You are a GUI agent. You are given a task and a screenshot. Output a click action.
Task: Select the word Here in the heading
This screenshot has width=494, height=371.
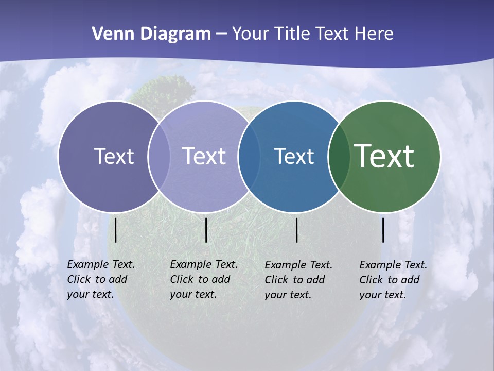374,33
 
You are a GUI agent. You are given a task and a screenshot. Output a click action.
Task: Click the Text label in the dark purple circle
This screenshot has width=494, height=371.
114,156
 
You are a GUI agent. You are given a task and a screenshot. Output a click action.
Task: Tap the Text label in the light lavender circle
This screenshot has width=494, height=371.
204,156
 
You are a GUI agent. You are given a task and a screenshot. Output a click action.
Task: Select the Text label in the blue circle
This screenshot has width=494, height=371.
294,156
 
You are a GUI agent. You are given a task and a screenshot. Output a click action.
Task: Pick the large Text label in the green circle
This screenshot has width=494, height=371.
384,156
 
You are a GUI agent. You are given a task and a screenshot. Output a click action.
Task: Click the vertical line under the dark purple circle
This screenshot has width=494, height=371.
116,230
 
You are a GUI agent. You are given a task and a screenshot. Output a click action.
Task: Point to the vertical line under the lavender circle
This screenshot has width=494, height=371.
206,230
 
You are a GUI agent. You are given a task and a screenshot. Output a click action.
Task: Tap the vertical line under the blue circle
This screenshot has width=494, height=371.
297,230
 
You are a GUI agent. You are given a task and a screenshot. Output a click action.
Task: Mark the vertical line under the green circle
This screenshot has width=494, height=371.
383,230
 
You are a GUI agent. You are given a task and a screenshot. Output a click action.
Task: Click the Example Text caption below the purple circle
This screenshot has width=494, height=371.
100,279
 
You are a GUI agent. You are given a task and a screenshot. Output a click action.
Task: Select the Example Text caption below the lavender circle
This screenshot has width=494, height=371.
203,279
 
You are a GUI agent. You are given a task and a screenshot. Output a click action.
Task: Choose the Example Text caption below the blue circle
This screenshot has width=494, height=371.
298,280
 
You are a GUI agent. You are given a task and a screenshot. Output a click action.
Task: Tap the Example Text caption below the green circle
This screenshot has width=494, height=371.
393,280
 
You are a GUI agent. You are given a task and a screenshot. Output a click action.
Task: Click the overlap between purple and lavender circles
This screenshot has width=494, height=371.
159,156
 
